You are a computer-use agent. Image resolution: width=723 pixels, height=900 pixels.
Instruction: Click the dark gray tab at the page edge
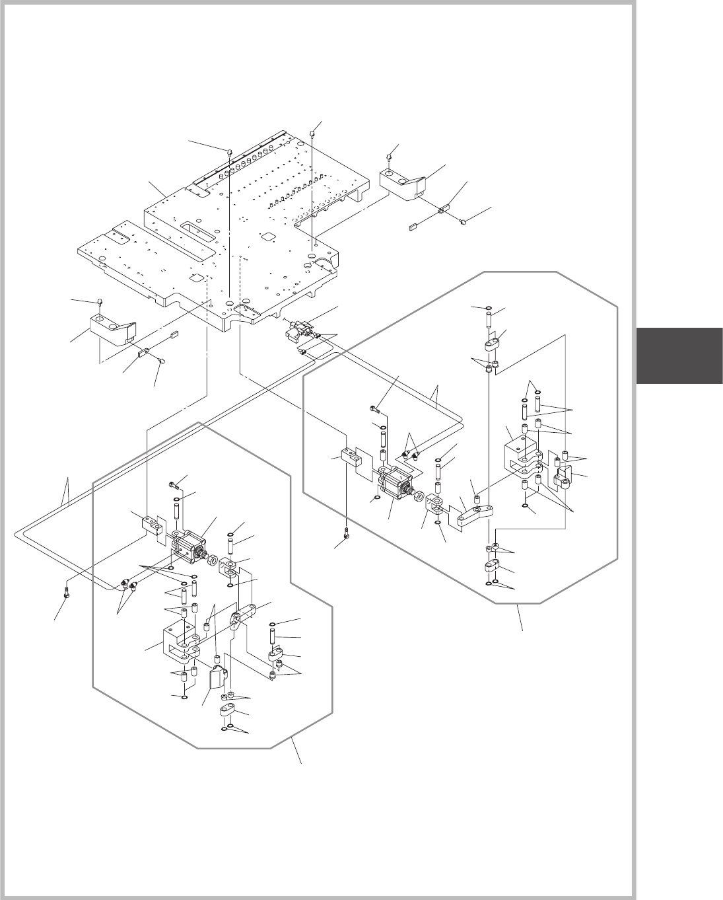tap(679, 356)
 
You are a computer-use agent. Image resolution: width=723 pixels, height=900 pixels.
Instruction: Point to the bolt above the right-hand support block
tap(390, 155)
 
